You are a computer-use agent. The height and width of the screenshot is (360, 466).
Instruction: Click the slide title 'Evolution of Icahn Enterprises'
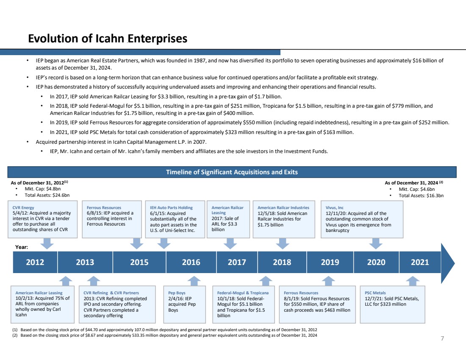click(x=108, y=39)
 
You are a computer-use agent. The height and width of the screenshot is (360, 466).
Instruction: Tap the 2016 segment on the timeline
click(x=191, y=262)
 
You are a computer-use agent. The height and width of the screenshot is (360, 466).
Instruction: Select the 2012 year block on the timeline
click(x=35, y=262)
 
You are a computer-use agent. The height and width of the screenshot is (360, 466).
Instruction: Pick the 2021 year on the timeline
click(x=420, y=262)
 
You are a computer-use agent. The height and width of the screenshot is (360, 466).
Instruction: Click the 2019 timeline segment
click(x=330, y=262)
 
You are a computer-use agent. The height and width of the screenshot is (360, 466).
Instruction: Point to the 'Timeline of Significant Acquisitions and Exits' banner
click(x=232, y=172)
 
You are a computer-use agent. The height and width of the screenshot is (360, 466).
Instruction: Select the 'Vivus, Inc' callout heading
click(x=334, y=208)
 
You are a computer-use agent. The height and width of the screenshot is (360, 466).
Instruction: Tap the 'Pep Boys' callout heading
click(x=177, y=293)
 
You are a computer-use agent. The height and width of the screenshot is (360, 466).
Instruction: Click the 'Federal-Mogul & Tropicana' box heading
click(x=243, y=293)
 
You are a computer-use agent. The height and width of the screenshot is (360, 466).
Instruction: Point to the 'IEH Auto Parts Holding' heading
click(x=169, y=208)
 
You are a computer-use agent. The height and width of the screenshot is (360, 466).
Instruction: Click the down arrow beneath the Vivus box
click(x=375, y=243)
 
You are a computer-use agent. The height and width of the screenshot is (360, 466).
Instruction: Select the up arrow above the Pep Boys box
click(x=194, y=281)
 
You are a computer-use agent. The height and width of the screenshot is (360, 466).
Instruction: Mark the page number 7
click(x=442, y=338)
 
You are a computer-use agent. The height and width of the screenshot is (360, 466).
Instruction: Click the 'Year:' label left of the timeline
click(x=22, y=246)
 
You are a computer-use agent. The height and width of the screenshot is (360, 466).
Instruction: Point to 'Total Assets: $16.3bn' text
click(x=416, y=195)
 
